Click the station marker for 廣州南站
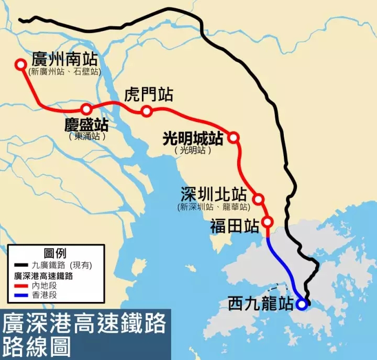[x=20, y=64]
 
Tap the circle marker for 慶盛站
[x=86, y=109]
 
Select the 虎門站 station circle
[x=147, y=111]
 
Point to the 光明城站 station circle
[x=234, y=138]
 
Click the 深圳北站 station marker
[x=258, y=199]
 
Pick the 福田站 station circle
[x=268, y=222]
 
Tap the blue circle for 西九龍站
[x=301, y=304]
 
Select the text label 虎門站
[x=149, y=95]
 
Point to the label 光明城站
[x=193, y=138]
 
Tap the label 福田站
[x=235, y=226]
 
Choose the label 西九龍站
[x=260, y=304]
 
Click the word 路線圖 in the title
[x=37, y=348]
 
